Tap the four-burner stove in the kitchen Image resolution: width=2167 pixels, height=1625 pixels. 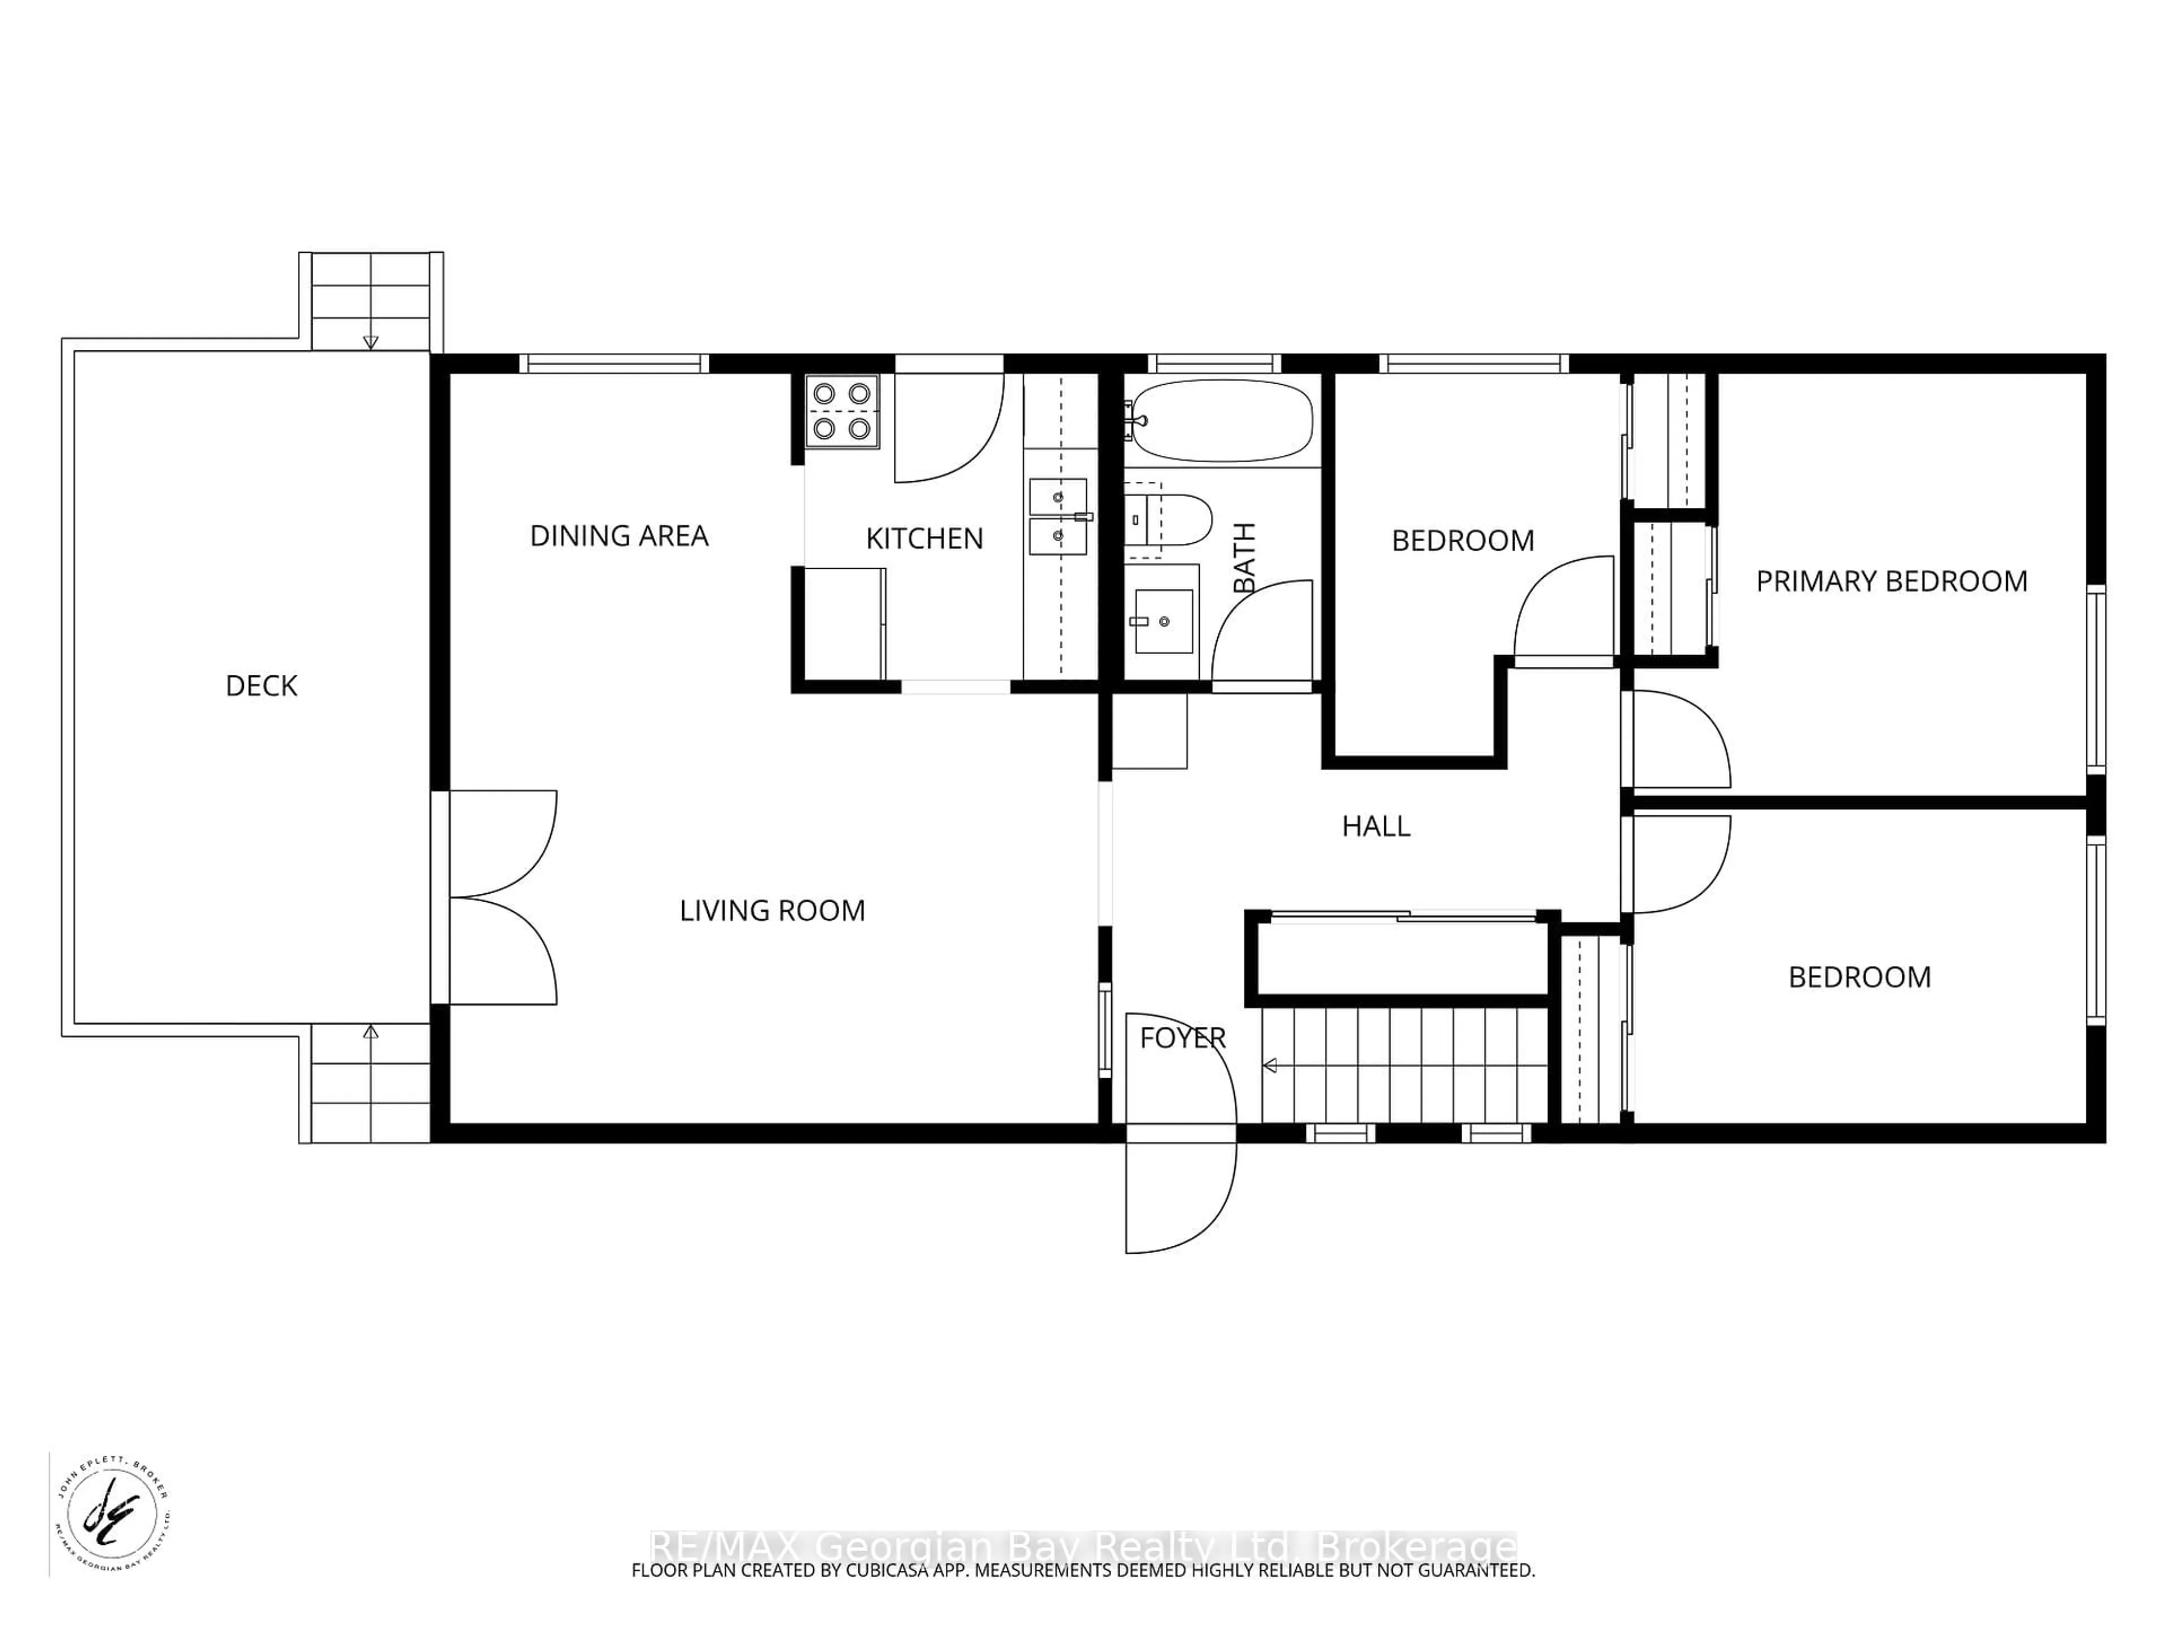click(x=841, y=411)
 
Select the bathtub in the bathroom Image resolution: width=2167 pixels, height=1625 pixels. click(x=1220, y=420)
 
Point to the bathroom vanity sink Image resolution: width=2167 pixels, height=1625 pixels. click(x=1163, y=621)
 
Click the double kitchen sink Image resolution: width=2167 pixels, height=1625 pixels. click(x=1058, y=516)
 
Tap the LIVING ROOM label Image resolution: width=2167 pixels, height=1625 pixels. click(x=772, y=911)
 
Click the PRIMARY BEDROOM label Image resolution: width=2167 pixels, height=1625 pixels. click(x=1890, y=582)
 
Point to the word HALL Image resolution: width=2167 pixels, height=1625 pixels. click(x=1375, y=827)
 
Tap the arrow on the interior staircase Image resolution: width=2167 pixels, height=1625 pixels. click(x=1271, y=1066)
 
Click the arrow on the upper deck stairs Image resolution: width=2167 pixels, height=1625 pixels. click(x=370, y=342)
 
